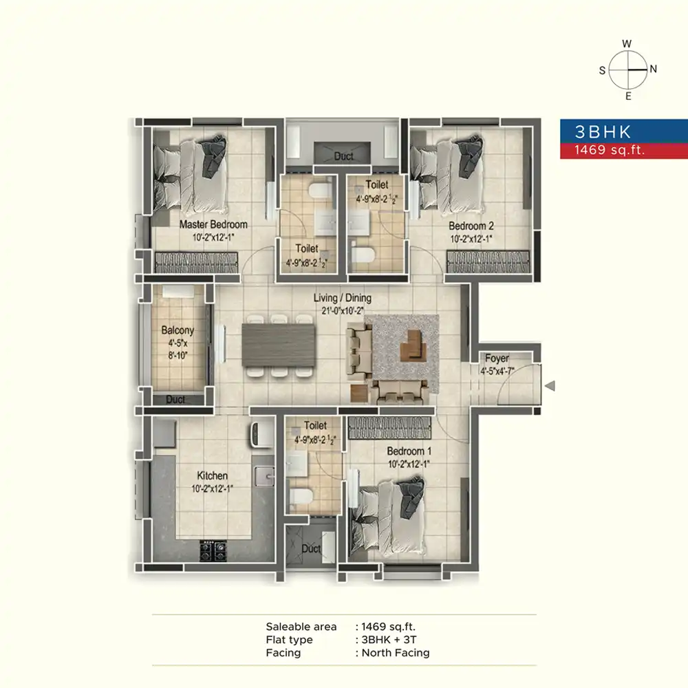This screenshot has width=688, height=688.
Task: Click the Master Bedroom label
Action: (x=213, y=225)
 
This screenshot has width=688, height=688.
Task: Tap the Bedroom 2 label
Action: (x=471, y=226)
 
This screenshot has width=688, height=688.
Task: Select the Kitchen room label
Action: (x=213, y=475)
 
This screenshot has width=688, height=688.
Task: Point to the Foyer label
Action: (x=497, y=358)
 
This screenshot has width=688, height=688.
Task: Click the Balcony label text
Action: (x=178, y=330)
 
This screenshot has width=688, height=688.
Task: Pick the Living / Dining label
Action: (x=342, y=298)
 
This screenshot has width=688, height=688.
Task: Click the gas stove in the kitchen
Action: (x=213, y=550)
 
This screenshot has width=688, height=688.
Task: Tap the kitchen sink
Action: (x=264, y=476)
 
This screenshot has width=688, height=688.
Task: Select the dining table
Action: (x=279, y=346)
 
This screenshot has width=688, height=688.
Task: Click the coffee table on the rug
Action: (x=413, y=346)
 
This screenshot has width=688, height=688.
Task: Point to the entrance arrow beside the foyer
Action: (x=550, y=386)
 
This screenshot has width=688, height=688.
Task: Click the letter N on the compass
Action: (x=654, y=69)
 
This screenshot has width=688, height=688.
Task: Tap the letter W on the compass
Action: (x=627, y=44)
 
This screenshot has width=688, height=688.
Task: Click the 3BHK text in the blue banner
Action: (x=603, y=131)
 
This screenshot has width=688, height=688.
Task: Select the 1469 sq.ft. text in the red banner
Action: (x=610, y=150)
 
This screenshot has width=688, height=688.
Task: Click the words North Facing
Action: (x=396, y=653)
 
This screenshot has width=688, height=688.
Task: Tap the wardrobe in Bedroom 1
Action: (x=389, y=428)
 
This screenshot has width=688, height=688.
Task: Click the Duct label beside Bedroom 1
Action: (x=311, y=548)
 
